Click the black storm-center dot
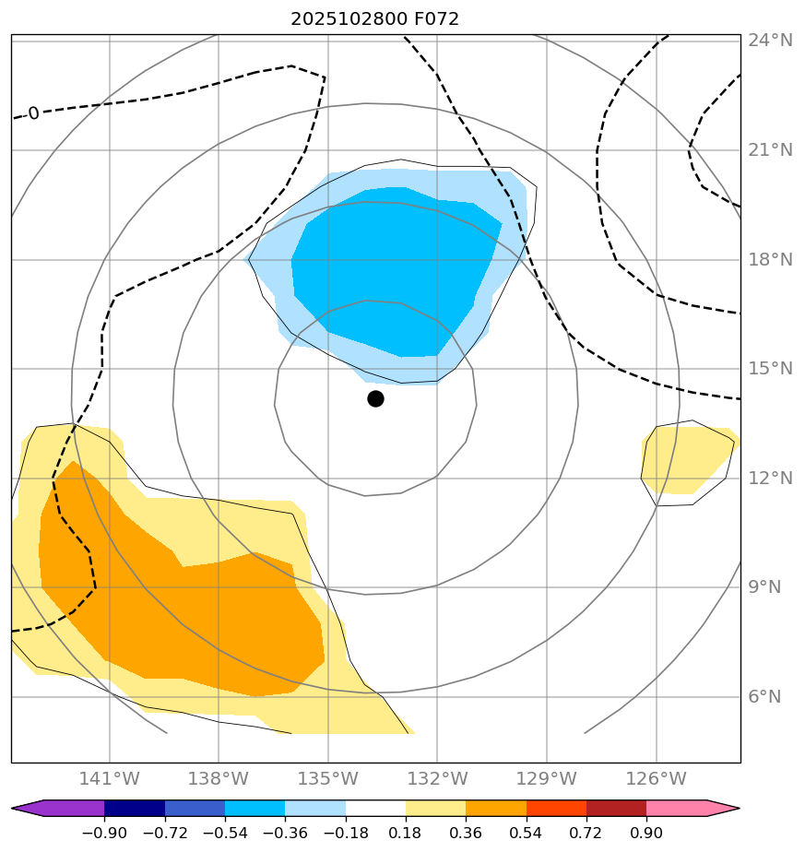[x=375, y=398]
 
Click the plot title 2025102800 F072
[x=374, y=18]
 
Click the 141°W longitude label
[x=110, y=779]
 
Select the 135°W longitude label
[x=328, y=779]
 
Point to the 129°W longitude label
[x=547, y=779]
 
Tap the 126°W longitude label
[x=657, y=779]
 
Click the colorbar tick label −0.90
[x=104, y=834]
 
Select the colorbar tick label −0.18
[x=346, y=834]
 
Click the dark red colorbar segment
[x=616, y=809]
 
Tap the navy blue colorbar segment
[x=135, y=809]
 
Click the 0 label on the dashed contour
[x=33, y=113]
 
